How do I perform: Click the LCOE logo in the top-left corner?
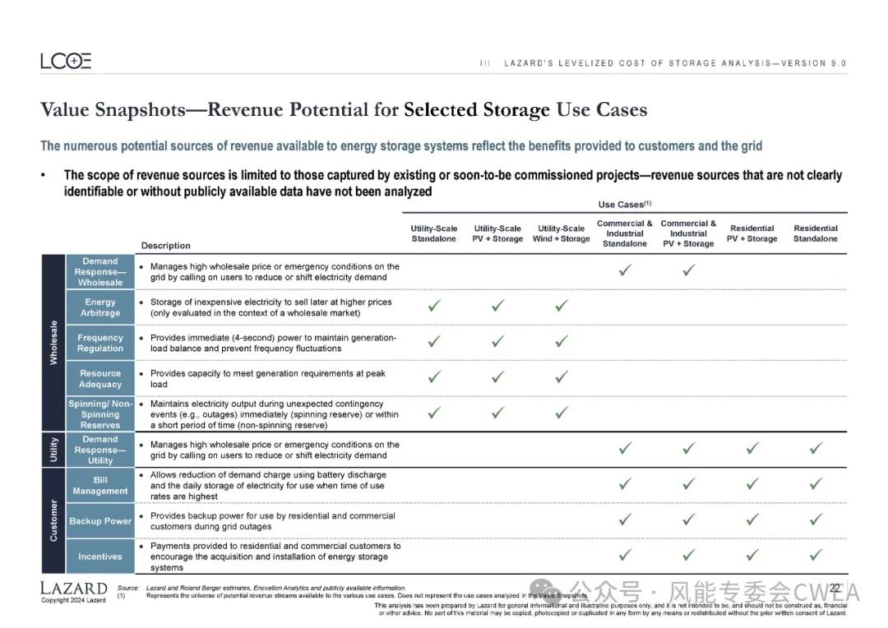coord(66,61)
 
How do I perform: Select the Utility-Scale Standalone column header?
coord(434,233)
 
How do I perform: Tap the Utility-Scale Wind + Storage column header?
coord(562,233)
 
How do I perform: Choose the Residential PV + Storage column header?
coord(752,233)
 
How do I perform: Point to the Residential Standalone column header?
coord(815,233)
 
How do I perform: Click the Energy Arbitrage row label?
coord(100,307)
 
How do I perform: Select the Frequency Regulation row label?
coord(100,343)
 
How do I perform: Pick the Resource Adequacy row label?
coord(100,379)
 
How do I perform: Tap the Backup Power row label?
coord(100,521)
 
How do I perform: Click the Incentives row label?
coord(100,556)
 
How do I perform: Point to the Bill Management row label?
coord(100,485)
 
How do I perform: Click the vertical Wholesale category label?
coord(53,343)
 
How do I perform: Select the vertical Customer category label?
coord(53,520)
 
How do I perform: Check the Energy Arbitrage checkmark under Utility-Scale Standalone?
coord(434,306)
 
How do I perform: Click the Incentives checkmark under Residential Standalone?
coord(816,555)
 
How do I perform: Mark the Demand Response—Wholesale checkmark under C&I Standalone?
coord(625,270)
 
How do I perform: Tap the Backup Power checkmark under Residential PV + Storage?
coord(752,519)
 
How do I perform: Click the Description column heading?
coord(165,246)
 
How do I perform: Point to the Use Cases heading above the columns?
coord(624,204)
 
